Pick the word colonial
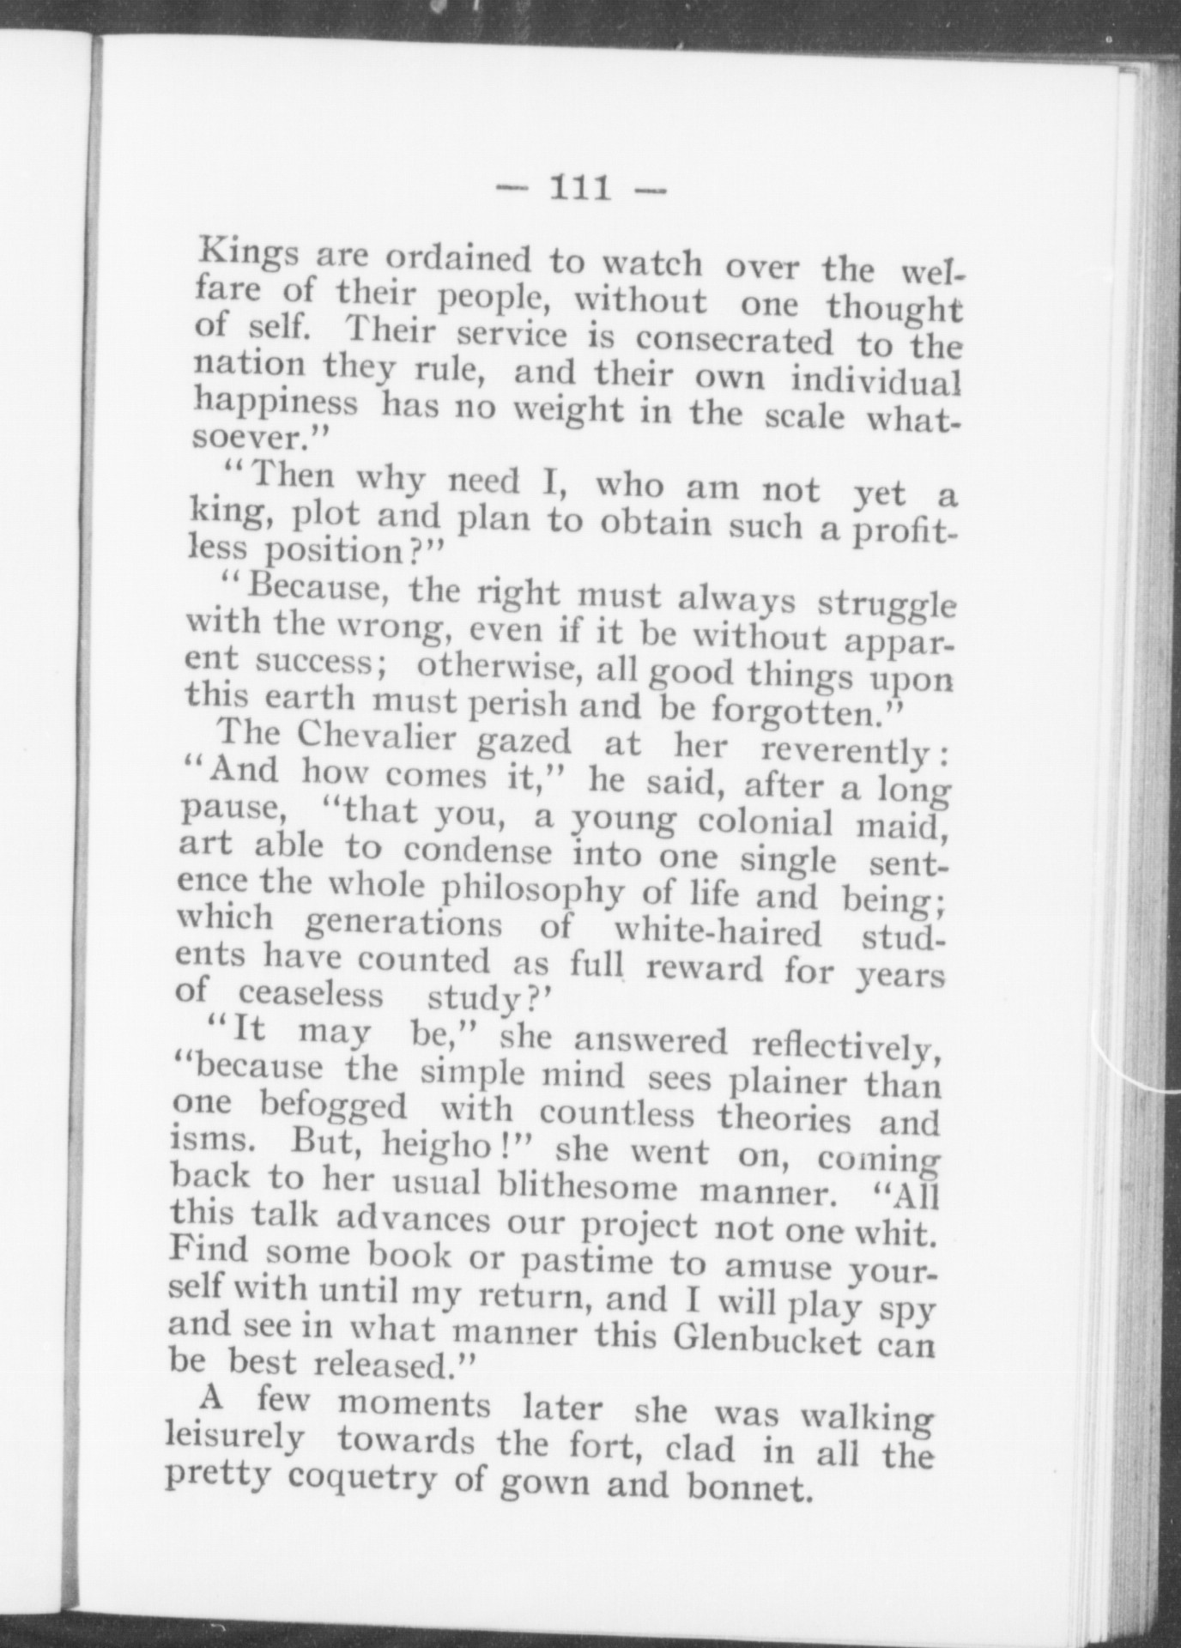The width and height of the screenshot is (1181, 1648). pyautogui.click(x=766, y=821)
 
